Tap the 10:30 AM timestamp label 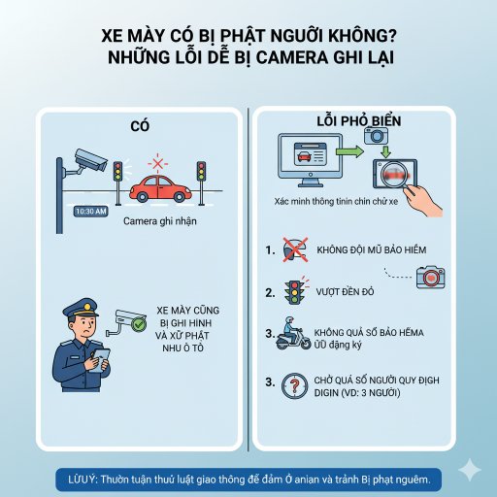click(x=89, y=211)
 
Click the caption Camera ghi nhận click(x=158, y=220)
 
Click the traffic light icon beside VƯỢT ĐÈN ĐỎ click(x=292, y=290)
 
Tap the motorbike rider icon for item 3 click(x=291, y=335)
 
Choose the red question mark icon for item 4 click(x=293, y=381)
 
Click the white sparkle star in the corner click(x=470, y=469)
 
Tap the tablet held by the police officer click(x=100, y=359)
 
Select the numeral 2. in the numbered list click(x=270, y=290)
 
